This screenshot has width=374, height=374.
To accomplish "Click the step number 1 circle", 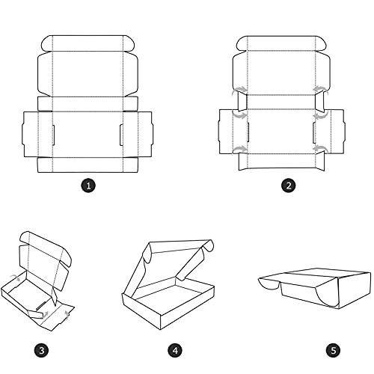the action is point(88,186).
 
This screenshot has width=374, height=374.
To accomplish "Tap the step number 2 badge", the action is point(289,186).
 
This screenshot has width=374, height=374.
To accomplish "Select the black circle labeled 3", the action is point(42,350).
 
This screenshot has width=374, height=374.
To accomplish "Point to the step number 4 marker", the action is point(175,350).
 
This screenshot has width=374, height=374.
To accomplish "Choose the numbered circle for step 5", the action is point(334,350).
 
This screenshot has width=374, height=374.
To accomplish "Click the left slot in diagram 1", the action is point(54,135).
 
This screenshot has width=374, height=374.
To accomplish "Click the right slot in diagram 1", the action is point(121,135).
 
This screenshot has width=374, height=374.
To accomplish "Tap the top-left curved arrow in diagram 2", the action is point(239,91).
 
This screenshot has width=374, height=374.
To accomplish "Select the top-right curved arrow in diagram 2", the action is point(321,90).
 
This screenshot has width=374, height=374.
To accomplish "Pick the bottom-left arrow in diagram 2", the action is point(239,149).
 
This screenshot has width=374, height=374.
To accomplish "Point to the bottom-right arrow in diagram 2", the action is point(321,149).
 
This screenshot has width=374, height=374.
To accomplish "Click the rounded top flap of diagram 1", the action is point(88,43).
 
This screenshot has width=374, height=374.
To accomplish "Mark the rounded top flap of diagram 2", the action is point(281,43).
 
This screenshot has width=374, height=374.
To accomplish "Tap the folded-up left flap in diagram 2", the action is point(242,102).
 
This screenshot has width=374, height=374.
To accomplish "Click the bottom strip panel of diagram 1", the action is point(88,165).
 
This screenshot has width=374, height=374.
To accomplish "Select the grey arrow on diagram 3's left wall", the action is point(16,278).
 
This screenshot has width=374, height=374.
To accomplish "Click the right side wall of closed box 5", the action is point(354,290).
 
